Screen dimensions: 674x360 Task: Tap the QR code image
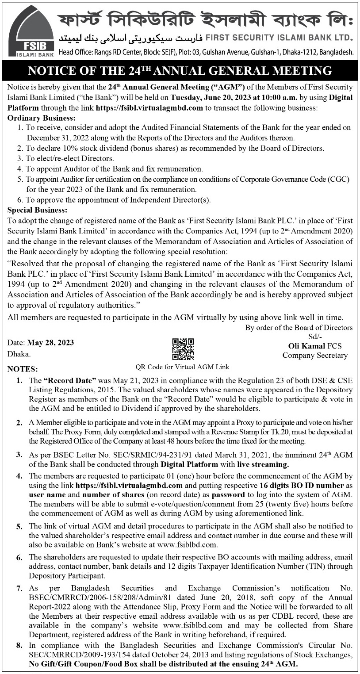[183, 349]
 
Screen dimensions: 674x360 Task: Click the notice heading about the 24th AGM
[180, 71]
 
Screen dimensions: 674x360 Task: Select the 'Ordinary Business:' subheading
[42, 118]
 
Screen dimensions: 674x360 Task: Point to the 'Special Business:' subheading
[38, 210]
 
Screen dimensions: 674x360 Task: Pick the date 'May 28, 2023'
[50, 343]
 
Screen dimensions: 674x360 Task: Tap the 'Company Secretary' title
[315, 355]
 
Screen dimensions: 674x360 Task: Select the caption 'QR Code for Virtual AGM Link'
[182, 367]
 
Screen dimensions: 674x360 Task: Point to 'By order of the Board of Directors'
[299, 328]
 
